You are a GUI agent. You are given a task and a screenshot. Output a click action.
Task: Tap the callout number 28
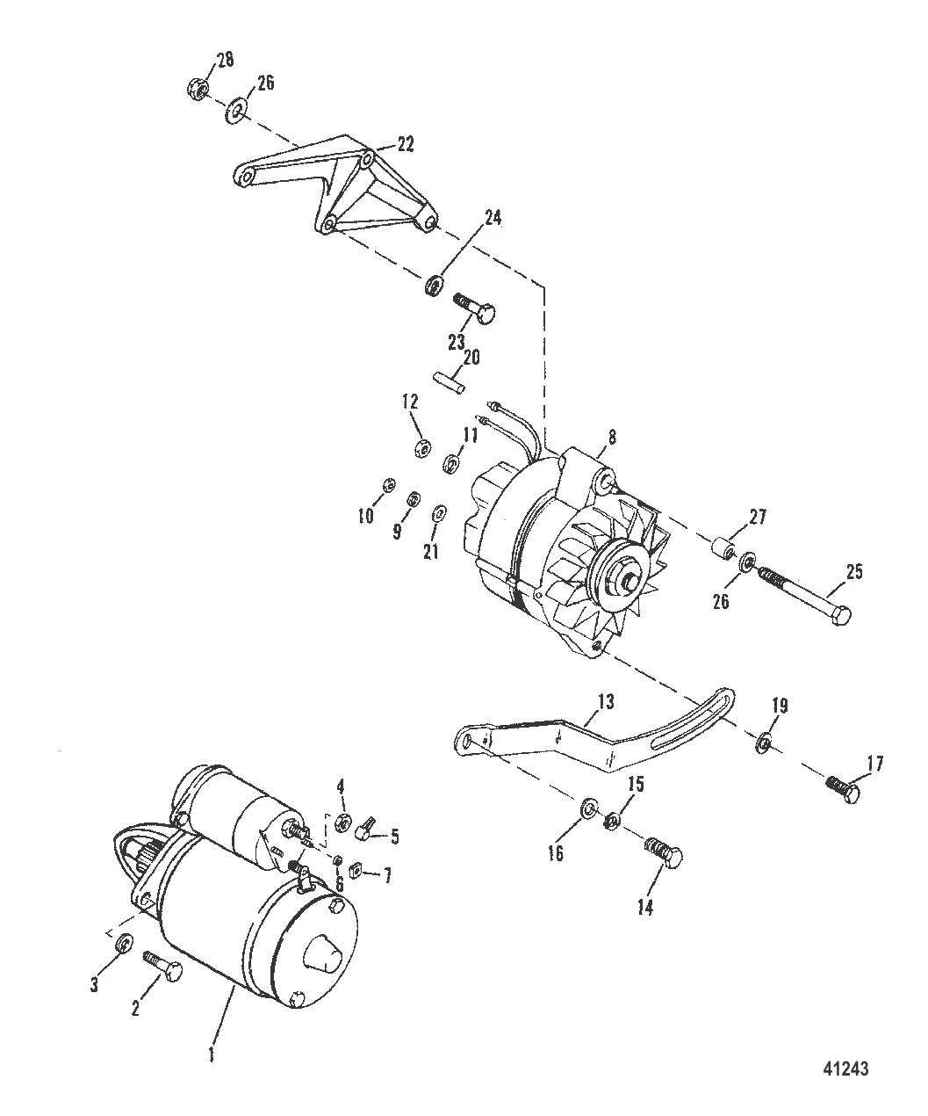[226, 59]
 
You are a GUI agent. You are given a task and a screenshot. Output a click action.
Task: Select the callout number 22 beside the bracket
[406, 144]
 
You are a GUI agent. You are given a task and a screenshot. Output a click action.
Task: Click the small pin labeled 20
[448, 382]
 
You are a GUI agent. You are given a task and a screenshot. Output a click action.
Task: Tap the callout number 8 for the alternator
[612, 437]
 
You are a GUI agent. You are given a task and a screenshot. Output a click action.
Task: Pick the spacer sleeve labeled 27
[723, 549]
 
